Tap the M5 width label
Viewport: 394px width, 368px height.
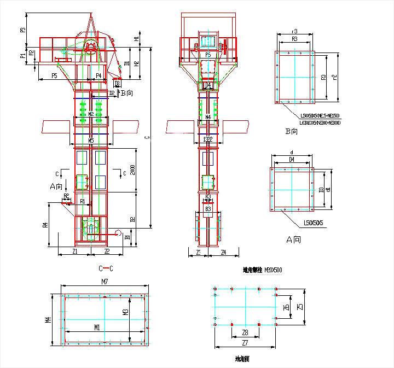pyautogui.click(x=91, y=141)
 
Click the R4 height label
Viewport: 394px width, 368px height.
pyautogui.click(x=46, y=224)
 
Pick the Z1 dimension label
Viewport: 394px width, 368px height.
pyautogui.click(x=75, y=252)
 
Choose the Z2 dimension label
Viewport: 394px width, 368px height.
pyautogui.click(x=107, y=252)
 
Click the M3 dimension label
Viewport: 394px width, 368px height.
pyautogui.click(x=125, y=312)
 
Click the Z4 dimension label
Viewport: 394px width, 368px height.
pyautogui.click(x=223, y=253)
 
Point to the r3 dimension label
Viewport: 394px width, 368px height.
pyautogui.click(x=295, y=31)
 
